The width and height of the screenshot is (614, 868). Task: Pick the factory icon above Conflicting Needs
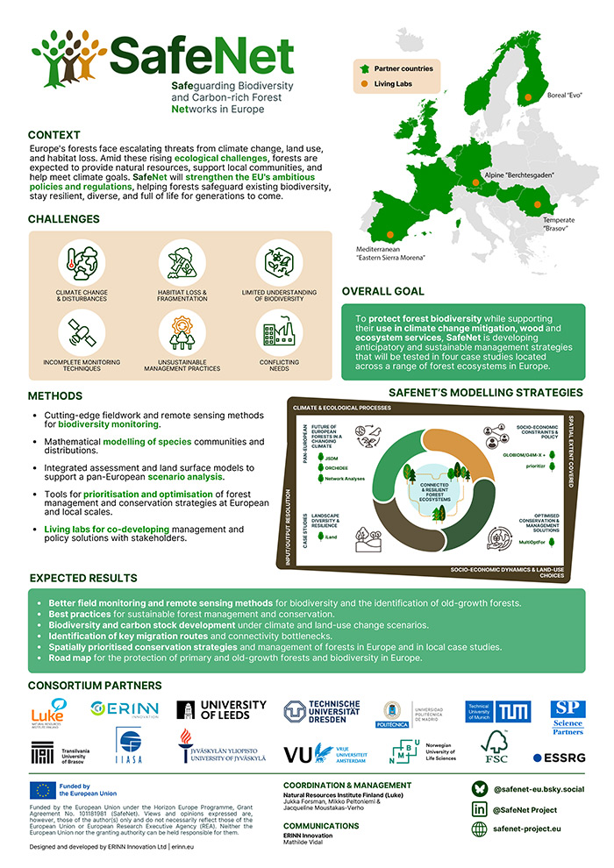(276, 332)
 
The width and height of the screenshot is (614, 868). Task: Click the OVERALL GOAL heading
(383, 290)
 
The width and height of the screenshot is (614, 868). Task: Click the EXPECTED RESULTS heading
(83, 579)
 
